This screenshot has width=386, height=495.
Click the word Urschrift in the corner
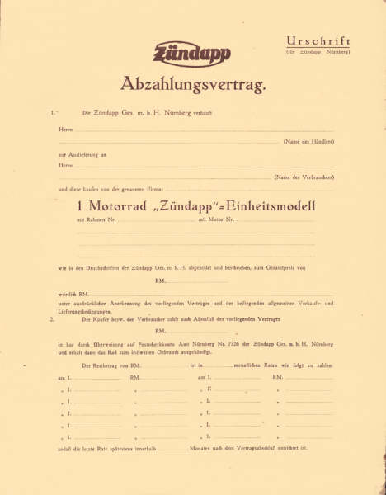[x=318, y=41]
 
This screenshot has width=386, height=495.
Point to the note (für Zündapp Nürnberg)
[x=318, y=52]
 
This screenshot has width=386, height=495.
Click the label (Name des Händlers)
[x=308, y=142]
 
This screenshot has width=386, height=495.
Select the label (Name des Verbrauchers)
[x=304, y=177]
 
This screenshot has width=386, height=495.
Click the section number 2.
[x=52, y=318]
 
